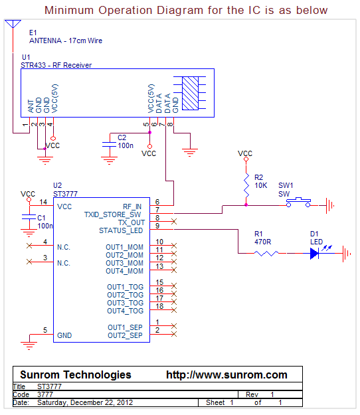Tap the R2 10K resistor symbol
(246, 181)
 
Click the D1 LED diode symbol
(315, 253)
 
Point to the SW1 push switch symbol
(295, 201)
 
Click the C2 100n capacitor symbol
(109, 143)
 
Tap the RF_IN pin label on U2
(132, 207)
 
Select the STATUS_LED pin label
(120, 230)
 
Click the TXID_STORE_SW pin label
(113, 214)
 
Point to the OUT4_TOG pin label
(125, 311)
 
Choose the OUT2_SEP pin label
(125, 335)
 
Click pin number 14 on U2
(43, 202)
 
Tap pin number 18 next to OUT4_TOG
(159, 306)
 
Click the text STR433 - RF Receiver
(56, 65)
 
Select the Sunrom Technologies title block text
(75, 374)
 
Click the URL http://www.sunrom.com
(226, 374)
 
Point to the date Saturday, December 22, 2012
(85, 402)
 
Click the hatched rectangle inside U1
(190, 94)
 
